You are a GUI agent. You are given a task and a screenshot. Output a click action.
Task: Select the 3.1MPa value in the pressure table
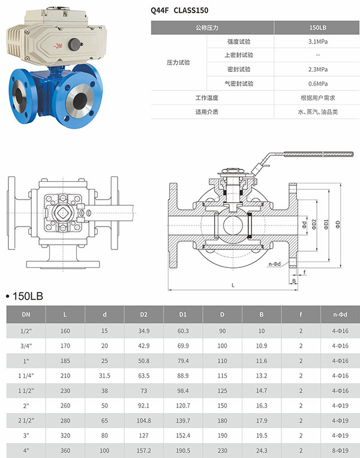(317, 42)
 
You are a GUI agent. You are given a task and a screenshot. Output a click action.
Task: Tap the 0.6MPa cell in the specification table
(317, 83)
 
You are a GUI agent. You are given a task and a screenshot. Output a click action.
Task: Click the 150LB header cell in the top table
(317, 28)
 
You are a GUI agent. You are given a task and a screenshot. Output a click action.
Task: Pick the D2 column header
(143, 314)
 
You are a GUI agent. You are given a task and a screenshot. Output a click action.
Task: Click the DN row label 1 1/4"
(26, 376)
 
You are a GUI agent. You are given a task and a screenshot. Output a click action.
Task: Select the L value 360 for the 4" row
(65, 450)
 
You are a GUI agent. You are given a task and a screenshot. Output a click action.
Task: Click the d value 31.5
(104, 376)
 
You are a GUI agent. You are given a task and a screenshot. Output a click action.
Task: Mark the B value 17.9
(262, 420)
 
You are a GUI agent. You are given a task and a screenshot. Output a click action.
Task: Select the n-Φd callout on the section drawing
(275, 264)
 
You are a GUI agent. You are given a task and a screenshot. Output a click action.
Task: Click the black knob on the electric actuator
(75, 44)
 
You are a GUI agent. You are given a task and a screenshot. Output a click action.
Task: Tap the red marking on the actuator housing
(58, 46)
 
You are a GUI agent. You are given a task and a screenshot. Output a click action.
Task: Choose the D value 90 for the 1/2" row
(222, 331)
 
